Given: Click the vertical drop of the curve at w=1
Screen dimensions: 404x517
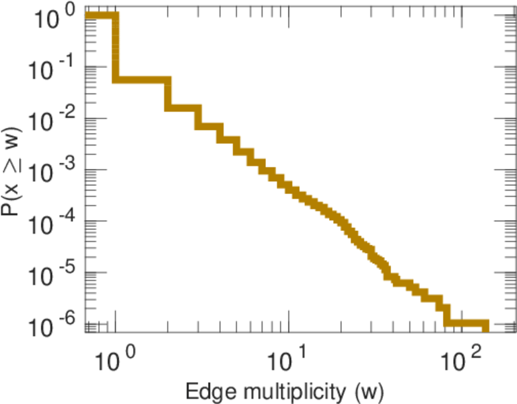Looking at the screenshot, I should coord(116,47).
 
